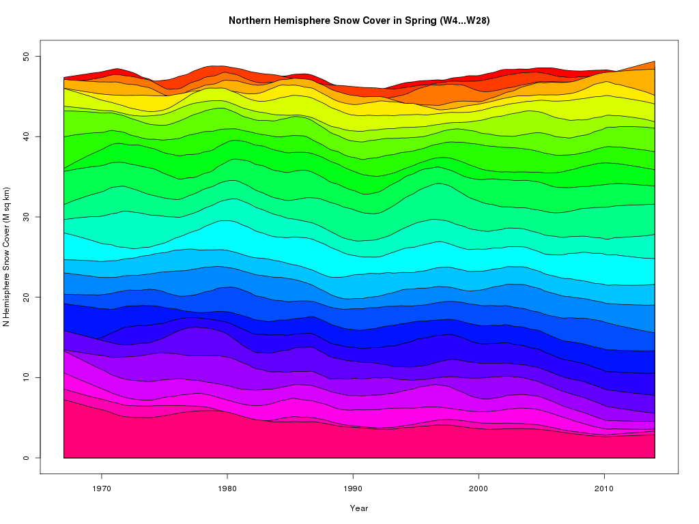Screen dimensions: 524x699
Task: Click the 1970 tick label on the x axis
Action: point(102,488)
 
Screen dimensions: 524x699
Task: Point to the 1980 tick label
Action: point(227,488)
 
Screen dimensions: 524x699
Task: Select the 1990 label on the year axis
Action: point(353,488)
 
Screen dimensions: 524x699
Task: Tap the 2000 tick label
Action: point(479,488)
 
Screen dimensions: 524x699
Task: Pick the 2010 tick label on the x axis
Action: point(604,488)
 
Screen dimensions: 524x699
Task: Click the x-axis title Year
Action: point(359,508)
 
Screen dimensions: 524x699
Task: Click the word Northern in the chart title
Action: point(251,20)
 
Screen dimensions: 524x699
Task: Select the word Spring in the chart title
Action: point(410,20)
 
